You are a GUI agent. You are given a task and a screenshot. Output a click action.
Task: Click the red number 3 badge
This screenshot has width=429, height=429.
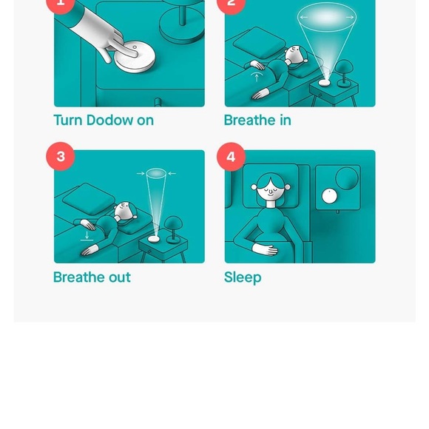[61, 156]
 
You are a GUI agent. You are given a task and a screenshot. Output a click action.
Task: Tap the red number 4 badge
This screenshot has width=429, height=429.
[231, 156]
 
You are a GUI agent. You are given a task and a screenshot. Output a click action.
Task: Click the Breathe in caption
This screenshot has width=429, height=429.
[257, 120]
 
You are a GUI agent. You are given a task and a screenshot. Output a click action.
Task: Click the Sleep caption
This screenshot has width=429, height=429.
[243, 277]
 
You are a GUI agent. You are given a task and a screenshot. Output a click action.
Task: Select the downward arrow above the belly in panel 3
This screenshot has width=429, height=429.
[87, 235]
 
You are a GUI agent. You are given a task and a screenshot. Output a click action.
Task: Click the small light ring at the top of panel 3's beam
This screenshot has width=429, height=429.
[156, 174]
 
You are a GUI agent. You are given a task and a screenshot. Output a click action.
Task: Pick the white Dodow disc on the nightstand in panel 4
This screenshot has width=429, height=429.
[328, 196]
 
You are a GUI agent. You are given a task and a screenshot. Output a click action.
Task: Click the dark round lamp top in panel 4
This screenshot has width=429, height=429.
[347, 178]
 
